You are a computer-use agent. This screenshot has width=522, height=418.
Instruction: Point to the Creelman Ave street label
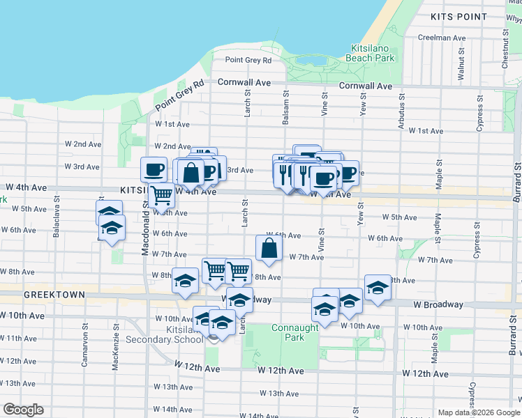(441, 38)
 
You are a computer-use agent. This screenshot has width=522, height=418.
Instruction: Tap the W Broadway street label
(438, 304)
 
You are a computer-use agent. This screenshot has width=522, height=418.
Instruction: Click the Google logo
(23, 410)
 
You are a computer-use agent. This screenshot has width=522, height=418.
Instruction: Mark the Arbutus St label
(401, 106)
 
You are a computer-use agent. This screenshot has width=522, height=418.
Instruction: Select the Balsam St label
(285, 106)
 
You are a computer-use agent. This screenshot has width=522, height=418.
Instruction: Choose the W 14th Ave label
(172, 409)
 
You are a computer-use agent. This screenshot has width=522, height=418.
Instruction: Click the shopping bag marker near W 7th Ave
(269, 249)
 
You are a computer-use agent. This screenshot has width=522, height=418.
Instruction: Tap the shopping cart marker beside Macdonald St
(161, 196)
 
